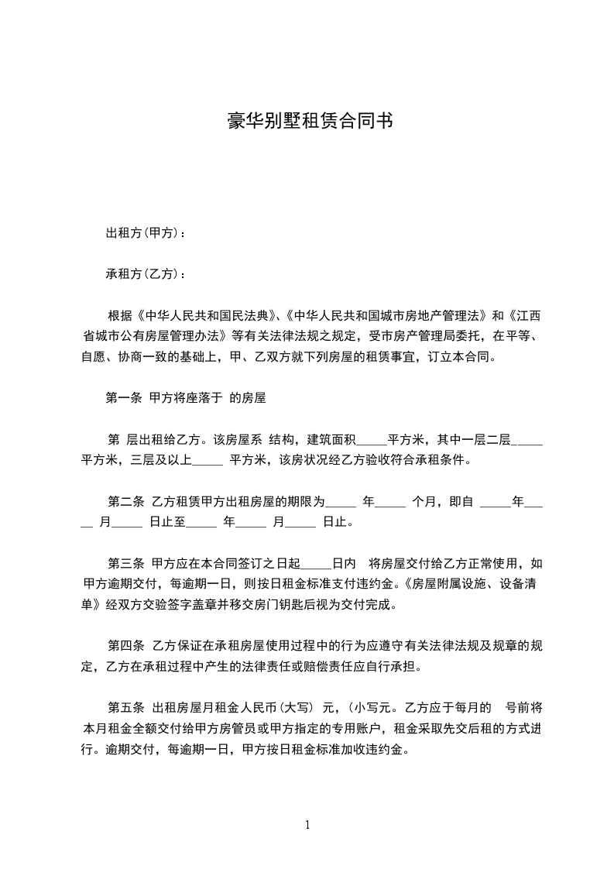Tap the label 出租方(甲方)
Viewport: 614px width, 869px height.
click(x=144, y=232)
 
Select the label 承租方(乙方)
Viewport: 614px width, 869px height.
click(x=144, y=274)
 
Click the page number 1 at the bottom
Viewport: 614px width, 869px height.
click(x=307, y=825)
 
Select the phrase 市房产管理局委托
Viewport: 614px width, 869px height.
click(x=411, y=337)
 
